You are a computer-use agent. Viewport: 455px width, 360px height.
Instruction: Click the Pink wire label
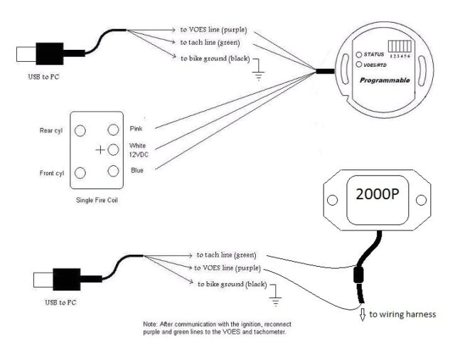[137, 129]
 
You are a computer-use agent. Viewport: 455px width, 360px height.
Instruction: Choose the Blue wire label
[137, 170]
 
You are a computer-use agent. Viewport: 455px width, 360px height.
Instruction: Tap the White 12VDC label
[138, 150]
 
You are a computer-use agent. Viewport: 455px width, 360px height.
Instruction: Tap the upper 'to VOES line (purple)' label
[213, 31]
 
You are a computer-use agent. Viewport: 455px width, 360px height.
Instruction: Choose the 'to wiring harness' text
[402, 314]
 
